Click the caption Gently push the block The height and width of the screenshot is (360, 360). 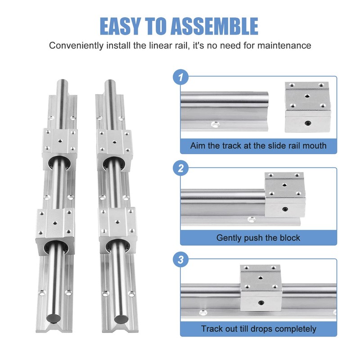[x=258, y=237]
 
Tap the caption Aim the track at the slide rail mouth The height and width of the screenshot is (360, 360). [x=258, y=146]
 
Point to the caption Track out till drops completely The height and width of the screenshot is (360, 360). [x=258, y=329]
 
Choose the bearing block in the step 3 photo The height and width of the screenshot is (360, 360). [x=261, y=288]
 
